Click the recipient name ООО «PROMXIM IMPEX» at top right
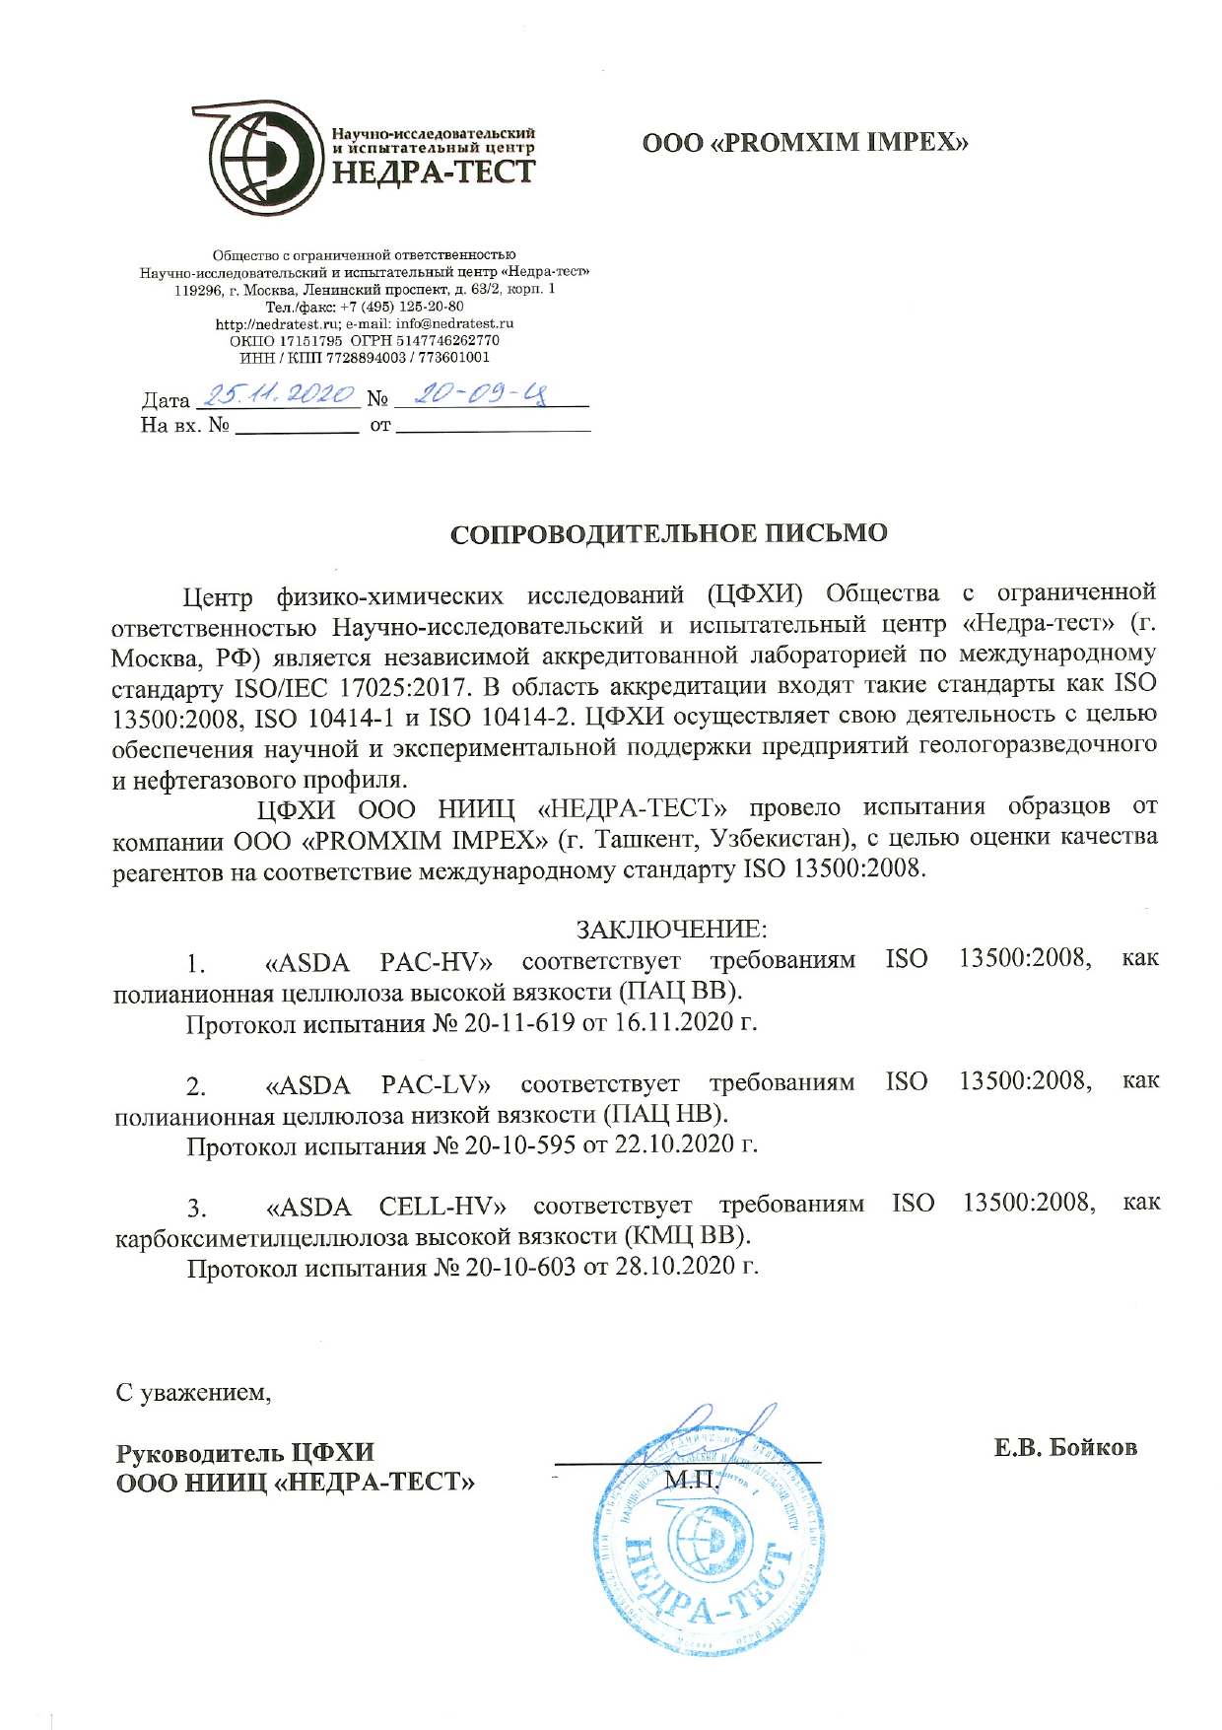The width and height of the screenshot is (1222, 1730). click(x=805, y=143)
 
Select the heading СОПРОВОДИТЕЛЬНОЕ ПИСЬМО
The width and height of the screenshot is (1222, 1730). click(x=669, y=533)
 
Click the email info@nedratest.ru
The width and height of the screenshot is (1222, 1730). click(x=454, y=323)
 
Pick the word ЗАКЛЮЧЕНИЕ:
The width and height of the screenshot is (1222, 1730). click(x=671, y=929)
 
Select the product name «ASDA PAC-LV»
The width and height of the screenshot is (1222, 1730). click(x=378, y=1085)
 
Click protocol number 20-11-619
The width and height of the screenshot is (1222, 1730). click(x=519, y=1022)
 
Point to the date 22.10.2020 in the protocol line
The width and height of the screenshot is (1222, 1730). click(x=674, y=1144)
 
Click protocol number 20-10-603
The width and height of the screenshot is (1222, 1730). click(x=520, y=1266)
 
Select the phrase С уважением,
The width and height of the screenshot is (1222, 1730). click(x=193, y=1392)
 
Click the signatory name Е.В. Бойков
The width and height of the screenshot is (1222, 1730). click(x=1065, y=1447)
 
